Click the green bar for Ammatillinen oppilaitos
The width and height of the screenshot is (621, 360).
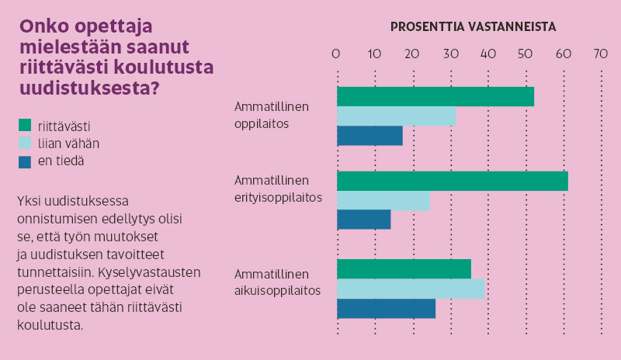coord(435,97)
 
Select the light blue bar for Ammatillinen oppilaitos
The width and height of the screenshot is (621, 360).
coord(396,116)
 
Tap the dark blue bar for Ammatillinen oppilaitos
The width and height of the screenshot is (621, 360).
coord(369,136)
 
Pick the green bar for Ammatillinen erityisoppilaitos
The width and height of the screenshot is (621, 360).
coord(453,182)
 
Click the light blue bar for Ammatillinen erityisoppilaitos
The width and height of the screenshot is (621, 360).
coord(383,201)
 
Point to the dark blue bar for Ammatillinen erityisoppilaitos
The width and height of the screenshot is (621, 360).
coord(363,220)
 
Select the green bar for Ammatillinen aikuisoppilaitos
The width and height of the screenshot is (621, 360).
coord(404,269)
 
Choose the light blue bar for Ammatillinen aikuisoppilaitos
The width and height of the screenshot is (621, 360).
coord(410,289)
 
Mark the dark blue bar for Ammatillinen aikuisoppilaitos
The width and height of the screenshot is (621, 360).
coord(386,308)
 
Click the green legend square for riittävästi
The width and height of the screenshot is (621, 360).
coord(24,125)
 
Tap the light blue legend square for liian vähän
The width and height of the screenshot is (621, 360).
coord(24,143)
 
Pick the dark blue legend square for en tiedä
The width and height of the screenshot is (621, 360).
coord(24,161)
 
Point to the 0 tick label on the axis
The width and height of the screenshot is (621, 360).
coord(336,54)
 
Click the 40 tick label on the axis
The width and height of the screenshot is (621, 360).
coord(487,54)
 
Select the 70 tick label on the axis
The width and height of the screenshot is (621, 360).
coord(601,54)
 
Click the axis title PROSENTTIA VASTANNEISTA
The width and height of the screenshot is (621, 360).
coord(473,26)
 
